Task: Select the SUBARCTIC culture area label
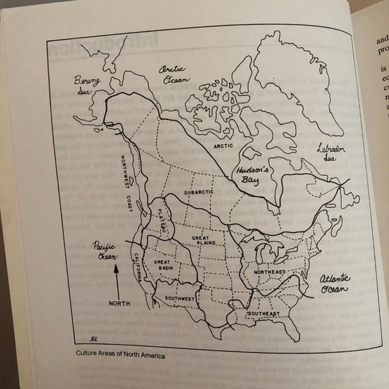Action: [x=198, y=193]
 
